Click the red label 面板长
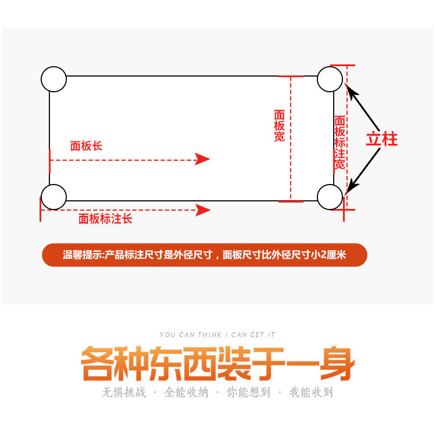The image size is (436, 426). [x=86, y=146]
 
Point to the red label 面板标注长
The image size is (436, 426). [x=105, y=219]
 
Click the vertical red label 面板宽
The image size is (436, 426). [x=279, y=126]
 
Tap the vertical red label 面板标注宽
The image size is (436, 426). [x=339, y=143]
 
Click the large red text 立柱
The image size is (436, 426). [x=381, y=139]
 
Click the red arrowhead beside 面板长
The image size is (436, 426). [x=202, y=159]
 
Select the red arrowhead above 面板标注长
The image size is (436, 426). [x=203, y=210]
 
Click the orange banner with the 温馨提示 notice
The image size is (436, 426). [x=205, y=255]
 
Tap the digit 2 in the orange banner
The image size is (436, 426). [x=323, y=255]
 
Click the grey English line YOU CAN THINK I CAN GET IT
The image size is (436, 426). [x=217, y=335]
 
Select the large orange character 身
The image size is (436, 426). [x=337, y=363]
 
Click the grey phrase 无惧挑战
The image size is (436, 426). [x=124, y=392]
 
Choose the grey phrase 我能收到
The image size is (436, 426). [x=311, y=392]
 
